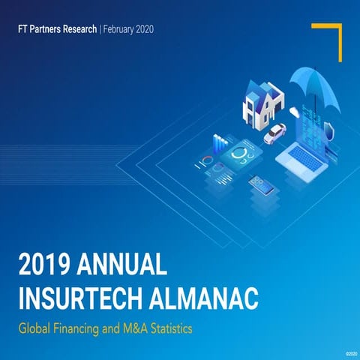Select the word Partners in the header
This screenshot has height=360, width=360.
tap(45, 30)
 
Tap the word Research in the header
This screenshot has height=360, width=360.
tap(80, 30)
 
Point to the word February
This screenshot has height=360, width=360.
tap(121, 30)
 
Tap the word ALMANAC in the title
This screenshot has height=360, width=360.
tap(211, 298)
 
